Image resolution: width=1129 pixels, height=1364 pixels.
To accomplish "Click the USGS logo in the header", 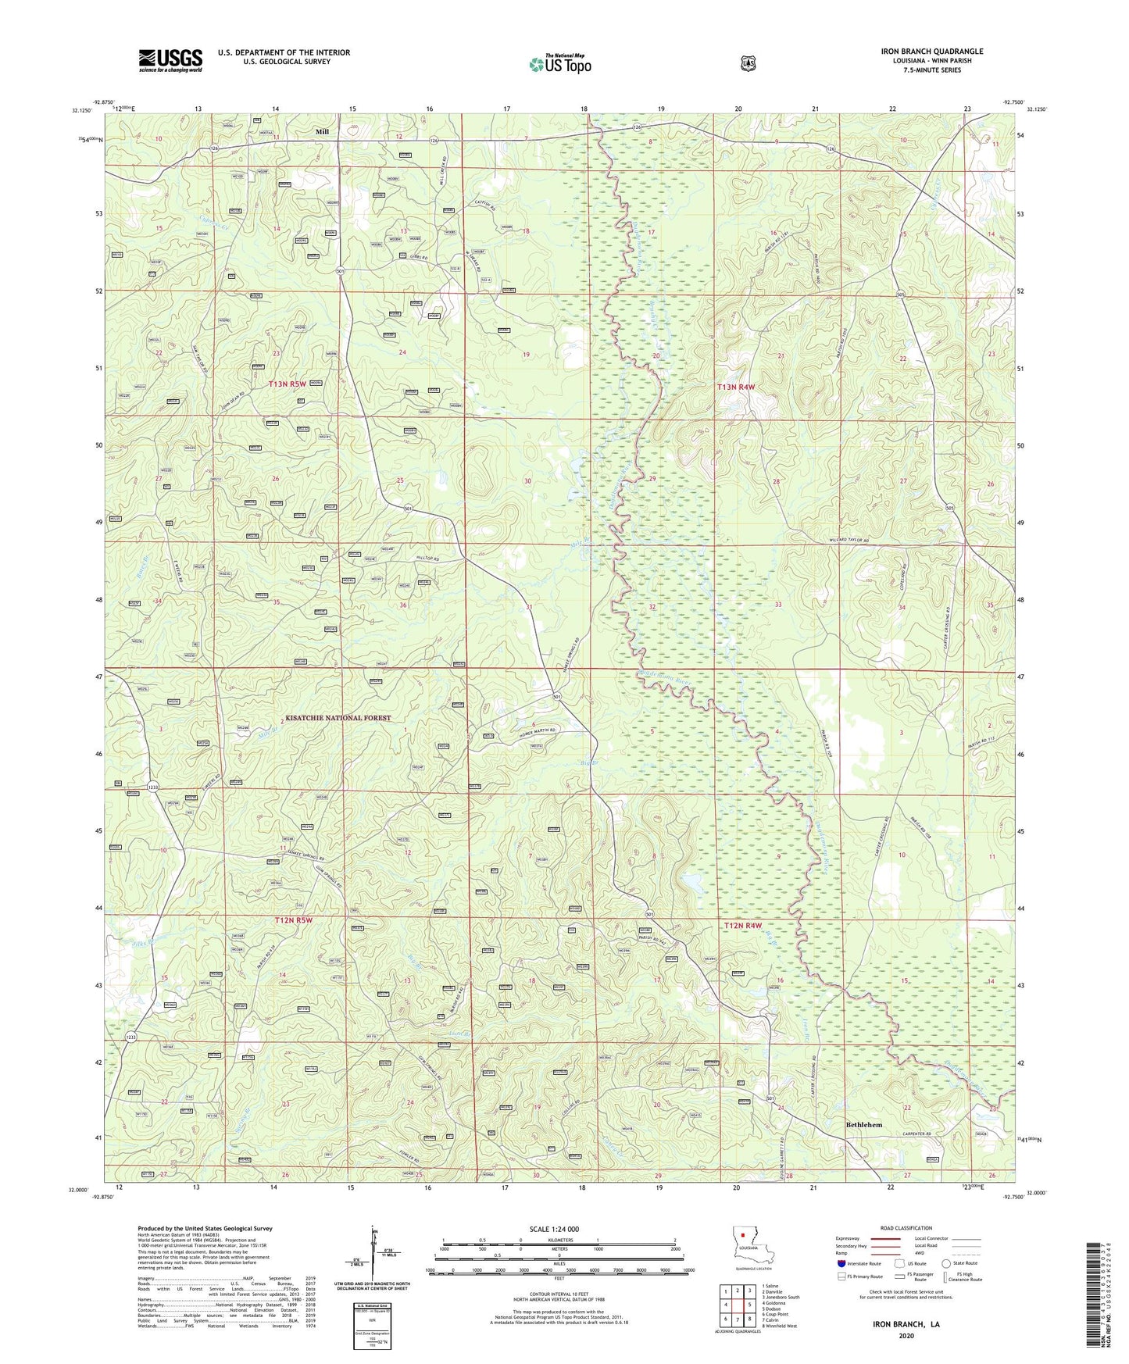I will pos(170,60).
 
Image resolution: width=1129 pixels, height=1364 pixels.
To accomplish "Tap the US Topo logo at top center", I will pos(559,63).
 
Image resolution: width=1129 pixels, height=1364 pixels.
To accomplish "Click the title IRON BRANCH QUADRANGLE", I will pos(931,52).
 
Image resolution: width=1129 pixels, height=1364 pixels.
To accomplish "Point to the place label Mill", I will pos(322,132).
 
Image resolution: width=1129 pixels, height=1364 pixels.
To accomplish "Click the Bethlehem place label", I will pos(863,1124).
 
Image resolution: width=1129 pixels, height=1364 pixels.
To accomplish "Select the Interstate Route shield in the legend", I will pos(841,1263).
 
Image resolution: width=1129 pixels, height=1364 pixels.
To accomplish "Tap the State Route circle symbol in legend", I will pos(946,1263).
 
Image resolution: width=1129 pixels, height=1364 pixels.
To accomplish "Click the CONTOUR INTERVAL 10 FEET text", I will pos(559,1293).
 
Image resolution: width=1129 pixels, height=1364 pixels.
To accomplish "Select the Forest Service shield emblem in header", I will pos(748,63).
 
